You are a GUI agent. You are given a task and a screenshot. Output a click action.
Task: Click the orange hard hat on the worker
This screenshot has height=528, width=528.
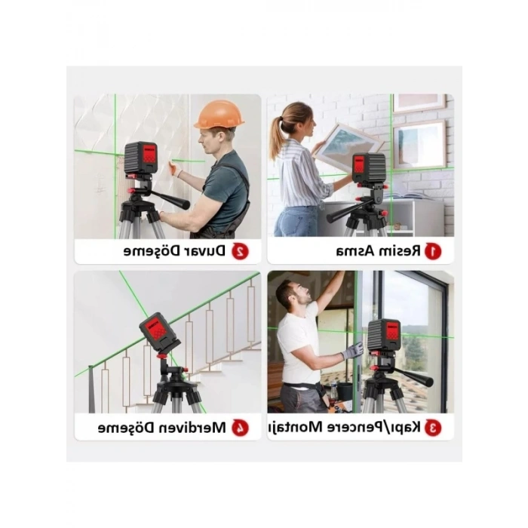pyautogui.click(x=219, y=115)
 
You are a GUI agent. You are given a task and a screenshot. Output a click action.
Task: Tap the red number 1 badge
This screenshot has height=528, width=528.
pyautogui.click(x=433, y=250)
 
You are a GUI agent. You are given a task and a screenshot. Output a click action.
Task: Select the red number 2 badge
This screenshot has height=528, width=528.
pyautogui.click(x=240, y=250)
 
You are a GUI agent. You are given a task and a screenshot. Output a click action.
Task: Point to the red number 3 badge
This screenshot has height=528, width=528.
pyautogui.click(x=433, y=428)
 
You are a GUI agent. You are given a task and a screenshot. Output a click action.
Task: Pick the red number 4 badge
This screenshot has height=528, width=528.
pyautogui.click(x=240, y=428)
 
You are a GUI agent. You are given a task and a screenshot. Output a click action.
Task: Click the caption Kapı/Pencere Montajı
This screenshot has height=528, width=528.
pyautogui.click(x=346, y=428)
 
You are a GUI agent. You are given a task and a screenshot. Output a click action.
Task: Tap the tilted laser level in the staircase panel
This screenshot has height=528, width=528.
pyautogui.click(x=159, y=332)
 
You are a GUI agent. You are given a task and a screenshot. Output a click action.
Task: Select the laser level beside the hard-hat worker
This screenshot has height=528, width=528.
pyautogui.click(x=140, y=158)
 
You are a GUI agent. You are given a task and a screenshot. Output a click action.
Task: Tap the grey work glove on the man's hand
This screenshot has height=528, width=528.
pyautogui.click(x=353, y=351)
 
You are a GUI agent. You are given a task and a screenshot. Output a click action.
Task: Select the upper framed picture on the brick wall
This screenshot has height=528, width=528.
pyautogui.click(x=419, y=103)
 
